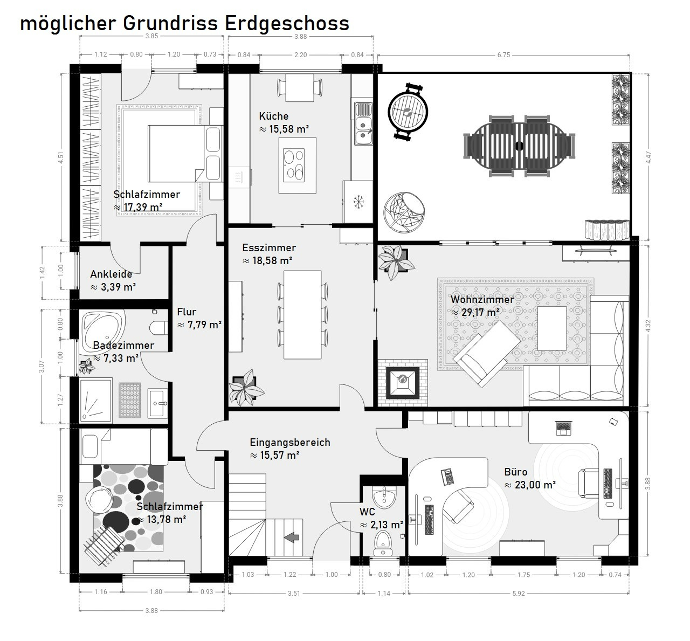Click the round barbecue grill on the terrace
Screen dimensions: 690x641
click(x=408, y=112)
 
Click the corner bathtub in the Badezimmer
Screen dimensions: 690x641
click(x=103, y=329)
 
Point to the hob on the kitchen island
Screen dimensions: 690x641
click(x=294, y=166)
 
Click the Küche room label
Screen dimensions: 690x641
click(x=274, y=116)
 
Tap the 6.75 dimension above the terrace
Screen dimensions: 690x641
click(x=503, y=55)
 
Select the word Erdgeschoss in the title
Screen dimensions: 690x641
click(x=287, y=24)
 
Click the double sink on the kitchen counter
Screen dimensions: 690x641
click(x=363, y=123)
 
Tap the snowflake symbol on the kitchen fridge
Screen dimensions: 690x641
click(x=358, y=202)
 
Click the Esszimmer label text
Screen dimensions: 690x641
click(x=269, y=248)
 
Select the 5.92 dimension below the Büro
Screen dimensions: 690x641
click(x=519, y=594)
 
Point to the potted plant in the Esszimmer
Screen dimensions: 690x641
click(x=246, y=388)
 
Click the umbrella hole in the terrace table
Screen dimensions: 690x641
click(x=519, y=146)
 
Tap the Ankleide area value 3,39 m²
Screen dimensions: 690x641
click(x=113, y=287)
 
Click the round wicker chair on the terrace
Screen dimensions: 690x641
click(x=404, y=212)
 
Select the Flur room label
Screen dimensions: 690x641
click(x=187, y=312)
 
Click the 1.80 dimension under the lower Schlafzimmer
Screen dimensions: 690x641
click(x=156, y=591)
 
